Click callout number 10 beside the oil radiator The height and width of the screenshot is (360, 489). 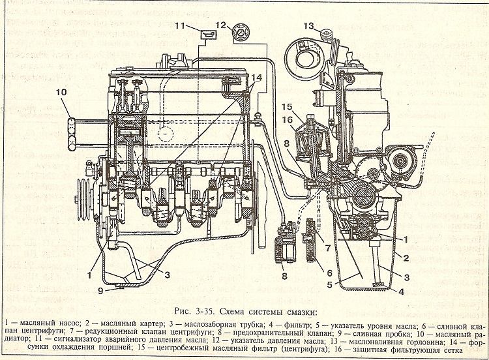click(x=61, y=93)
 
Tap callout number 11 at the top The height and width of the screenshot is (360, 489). click(x=180, y=25)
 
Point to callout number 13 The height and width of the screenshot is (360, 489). click(x=308, y=26)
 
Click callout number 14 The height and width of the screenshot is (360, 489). click(x=256, y=78)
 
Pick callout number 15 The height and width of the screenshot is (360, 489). click(x=287, y=107)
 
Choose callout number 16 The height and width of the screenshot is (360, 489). click(x=287, y=119)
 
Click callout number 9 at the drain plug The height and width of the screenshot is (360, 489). click(x=100, y=291)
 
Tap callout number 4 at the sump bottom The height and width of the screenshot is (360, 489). click(x=401, y=292)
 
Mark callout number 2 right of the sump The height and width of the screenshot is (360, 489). click(x=406, y=258)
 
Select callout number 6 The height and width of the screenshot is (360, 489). click(x=329, y=273)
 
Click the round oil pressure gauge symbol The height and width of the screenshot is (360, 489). click(x=240, y=33)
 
